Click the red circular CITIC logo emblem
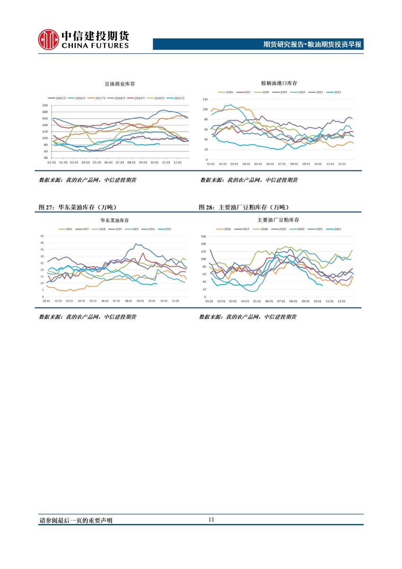pos(48,39)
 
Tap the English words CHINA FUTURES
pos(95,46)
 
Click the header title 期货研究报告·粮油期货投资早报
pos(312,45)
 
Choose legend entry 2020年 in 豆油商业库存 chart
pos(158,98)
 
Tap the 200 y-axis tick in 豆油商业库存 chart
pos(45,106)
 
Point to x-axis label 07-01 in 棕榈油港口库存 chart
pos(282,164)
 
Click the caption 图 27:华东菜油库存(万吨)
pos(78,207)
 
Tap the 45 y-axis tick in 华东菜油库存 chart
pos(42,236)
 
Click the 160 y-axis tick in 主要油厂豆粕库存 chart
pos(204,236)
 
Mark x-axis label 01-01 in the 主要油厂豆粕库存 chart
pos(209,301)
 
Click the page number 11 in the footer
pos(211,519)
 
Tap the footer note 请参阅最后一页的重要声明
pos(76,520)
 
